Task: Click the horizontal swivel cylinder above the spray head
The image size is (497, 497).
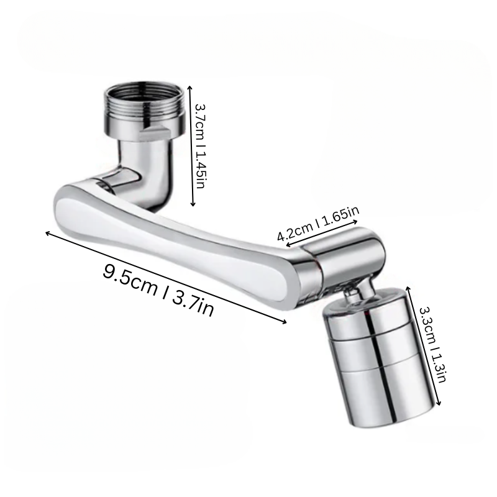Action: [x=345, y=258]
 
